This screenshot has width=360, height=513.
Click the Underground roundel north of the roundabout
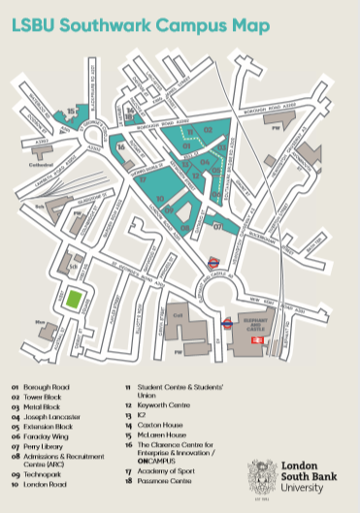point(214,260)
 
